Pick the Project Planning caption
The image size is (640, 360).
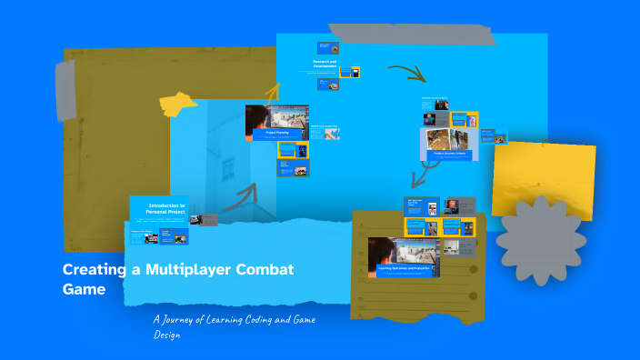click(x=276, y=133)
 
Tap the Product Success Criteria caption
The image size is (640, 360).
click(x=448, y=154)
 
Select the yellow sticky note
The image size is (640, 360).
click(x=545, y=177)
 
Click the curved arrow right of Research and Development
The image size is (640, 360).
click(x=406, y=73)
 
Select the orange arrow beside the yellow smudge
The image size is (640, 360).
click(x=273, y=90)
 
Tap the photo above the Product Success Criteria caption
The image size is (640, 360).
click(x=448, y=138)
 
